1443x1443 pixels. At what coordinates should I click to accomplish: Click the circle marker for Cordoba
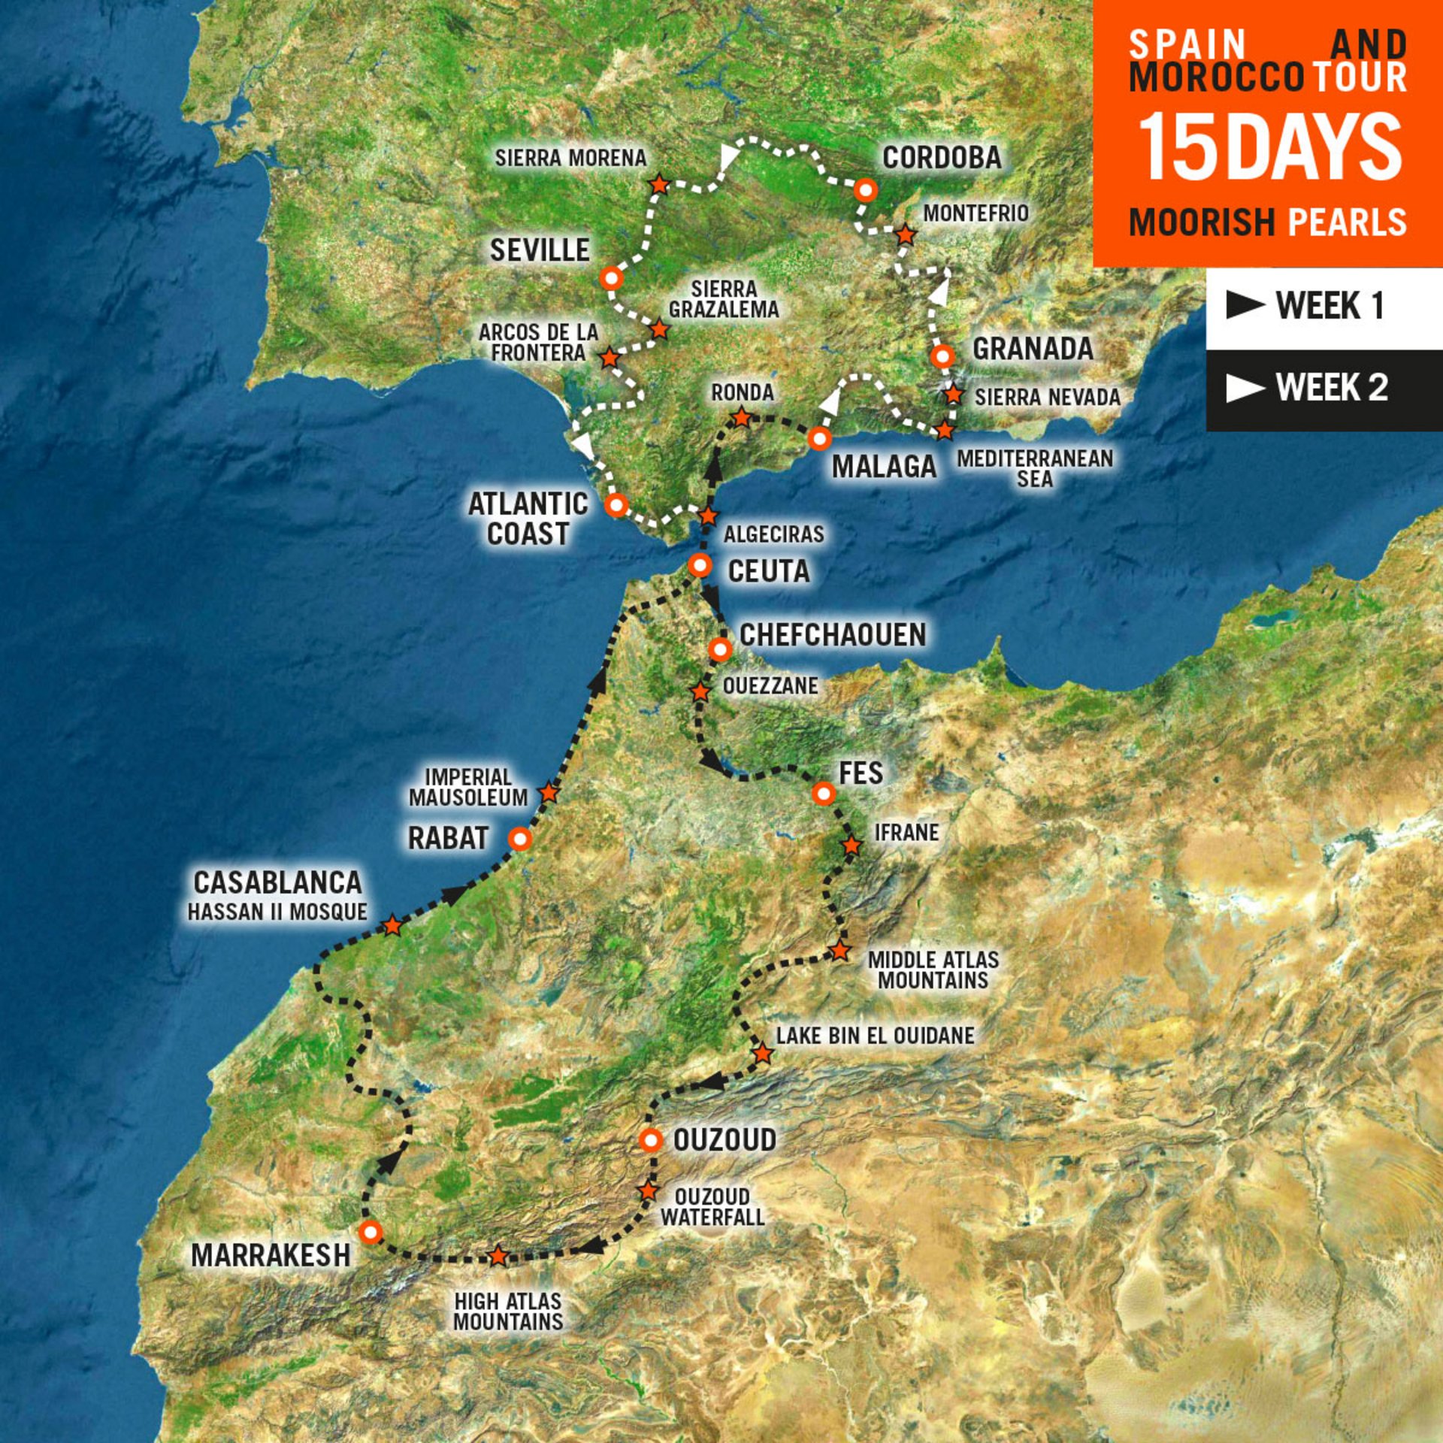click(x=866, y=190)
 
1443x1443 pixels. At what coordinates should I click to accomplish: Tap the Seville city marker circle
click(x=612, y=279)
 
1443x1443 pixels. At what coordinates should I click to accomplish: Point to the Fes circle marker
click(x=824, y=793)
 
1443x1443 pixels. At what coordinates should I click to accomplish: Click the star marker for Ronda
click(x=742, y=417)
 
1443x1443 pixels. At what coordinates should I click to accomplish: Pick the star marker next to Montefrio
click(x=906, y=235)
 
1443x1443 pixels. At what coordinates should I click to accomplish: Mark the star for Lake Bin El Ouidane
click(x=762, y=1053)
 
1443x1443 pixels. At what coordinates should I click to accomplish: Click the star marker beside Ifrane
click(x=851, y=845)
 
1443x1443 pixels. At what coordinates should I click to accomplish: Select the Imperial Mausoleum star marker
click(x=549, y=792)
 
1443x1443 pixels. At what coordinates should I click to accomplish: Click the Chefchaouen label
click(x=833, y=635)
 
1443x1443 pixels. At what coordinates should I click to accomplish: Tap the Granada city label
click(x=1033, y=349)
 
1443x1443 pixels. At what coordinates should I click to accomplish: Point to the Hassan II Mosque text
click(x=277, y=912)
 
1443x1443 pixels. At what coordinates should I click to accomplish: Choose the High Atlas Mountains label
click(x=508, y=1311)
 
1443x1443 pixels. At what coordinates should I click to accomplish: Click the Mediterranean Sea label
click(x=1034, y=468)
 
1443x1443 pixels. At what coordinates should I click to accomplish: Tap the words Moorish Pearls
click(x=1267, y=222)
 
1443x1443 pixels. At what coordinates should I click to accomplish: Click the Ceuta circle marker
click(x=700, y=564)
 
